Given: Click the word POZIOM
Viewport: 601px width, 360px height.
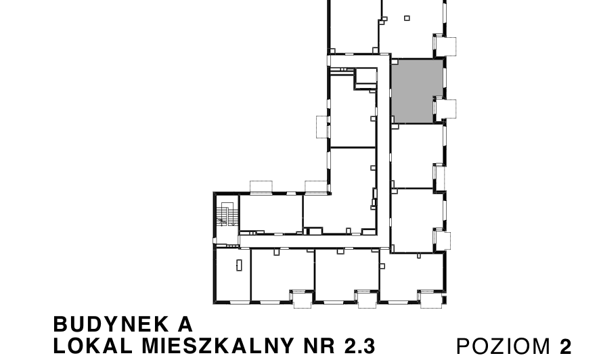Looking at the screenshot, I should click(504, 346).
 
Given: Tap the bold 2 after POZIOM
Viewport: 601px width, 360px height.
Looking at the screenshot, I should click(565, 346).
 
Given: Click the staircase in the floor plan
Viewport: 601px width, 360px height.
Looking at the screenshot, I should click(225, 215).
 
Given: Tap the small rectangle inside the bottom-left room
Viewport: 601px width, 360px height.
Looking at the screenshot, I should click(239, 265).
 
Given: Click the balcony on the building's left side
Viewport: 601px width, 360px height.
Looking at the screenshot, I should click(321, 127).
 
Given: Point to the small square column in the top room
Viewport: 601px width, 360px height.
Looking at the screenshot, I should click(407, 18).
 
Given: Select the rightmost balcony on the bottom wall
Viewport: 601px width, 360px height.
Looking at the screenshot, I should click(430, 298).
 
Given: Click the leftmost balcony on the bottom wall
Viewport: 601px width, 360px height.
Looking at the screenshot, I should click(300, 298).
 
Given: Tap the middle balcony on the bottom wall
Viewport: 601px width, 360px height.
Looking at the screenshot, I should click(365, 298).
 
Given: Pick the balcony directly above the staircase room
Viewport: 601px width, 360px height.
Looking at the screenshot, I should click(261, 187).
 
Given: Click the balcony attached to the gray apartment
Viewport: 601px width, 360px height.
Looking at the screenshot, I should click(446, 109).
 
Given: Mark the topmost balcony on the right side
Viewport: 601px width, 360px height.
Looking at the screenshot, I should click(446, 45).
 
